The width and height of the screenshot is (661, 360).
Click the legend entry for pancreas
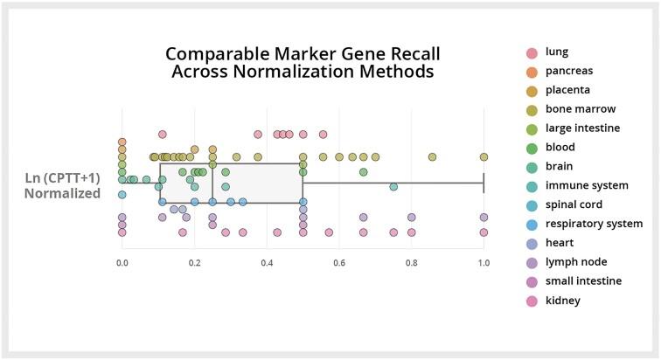click(x=568, y=70)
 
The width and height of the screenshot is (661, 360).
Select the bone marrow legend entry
click(x=581, y=108)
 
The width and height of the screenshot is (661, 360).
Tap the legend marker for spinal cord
click(x=530, y=204)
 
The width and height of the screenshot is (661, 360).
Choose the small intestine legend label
click(x=582, y=280)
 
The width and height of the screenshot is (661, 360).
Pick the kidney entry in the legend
click(x=562, y=300)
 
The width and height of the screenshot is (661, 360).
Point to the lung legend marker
click(x=530, y=52)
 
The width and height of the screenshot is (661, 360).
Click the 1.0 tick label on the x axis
click(x=484, y=260)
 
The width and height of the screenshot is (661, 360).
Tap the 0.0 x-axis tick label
click(x=122, y=260)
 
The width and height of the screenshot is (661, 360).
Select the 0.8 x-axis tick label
click(x=411, y=260)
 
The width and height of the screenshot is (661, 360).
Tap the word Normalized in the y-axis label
click(x=62, y=193)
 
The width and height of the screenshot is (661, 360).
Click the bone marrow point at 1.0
click(x=484, y=156)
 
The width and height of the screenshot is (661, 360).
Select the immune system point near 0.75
click(x=393, y=186)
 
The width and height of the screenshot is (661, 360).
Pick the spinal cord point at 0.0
click(x=122, y=194)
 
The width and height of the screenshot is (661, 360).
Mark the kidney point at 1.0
click(x=484, y=232)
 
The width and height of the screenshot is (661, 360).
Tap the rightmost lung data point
click(x=324, y=135)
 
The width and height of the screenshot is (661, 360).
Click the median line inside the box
click(x=212, y=183)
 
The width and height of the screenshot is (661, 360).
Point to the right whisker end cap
click(x=484, y=183)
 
